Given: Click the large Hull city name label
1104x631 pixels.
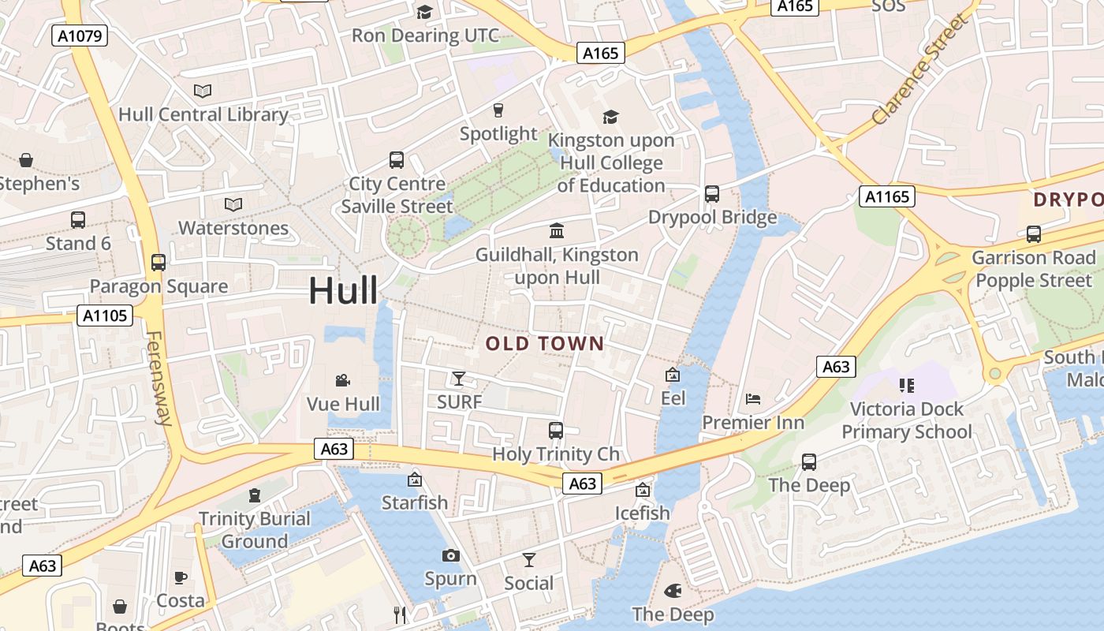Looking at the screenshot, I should tap(343, 290).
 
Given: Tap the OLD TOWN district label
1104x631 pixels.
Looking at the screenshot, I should tap(544, 344).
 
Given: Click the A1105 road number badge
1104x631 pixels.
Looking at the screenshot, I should tap(106, 316).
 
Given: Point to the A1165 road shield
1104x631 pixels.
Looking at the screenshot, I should tap(887, 196).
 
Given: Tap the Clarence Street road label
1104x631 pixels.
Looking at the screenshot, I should tap(919, 69).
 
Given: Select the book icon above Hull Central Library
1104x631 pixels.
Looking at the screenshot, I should tap(203, 91).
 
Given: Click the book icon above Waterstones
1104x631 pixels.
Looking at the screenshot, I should tap(233, 205).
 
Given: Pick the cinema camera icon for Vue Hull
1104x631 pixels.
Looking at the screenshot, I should tap(343, 381).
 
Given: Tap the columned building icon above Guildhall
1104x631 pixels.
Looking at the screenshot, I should tap(557, 231).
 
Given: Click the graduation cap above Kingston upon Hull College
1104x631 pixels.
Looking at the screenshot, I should tap(610, 118).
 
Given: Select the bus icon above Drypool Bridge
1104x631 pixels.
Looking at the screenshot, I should tap(712, 194).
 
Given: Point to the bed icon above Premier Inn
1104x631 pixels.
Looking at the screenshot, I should tap(753, 399).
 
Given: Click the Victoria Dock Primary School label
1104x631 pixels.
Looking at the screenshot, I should tap(906, 420).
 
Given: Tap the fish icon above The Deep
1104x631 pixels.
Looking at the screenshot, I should tap(673, 591).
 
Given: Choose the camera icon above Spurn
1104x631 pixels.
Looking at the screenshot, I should tap(450, 556).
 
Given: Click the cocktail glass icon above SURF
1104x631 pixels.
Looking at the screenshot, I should tap(459, 379).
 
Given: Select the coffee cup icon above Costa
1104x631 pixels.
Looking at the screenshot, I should tap(181, 577).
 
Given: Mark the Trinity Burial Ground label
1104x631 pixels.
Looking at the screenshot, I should tap(254, 530).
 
